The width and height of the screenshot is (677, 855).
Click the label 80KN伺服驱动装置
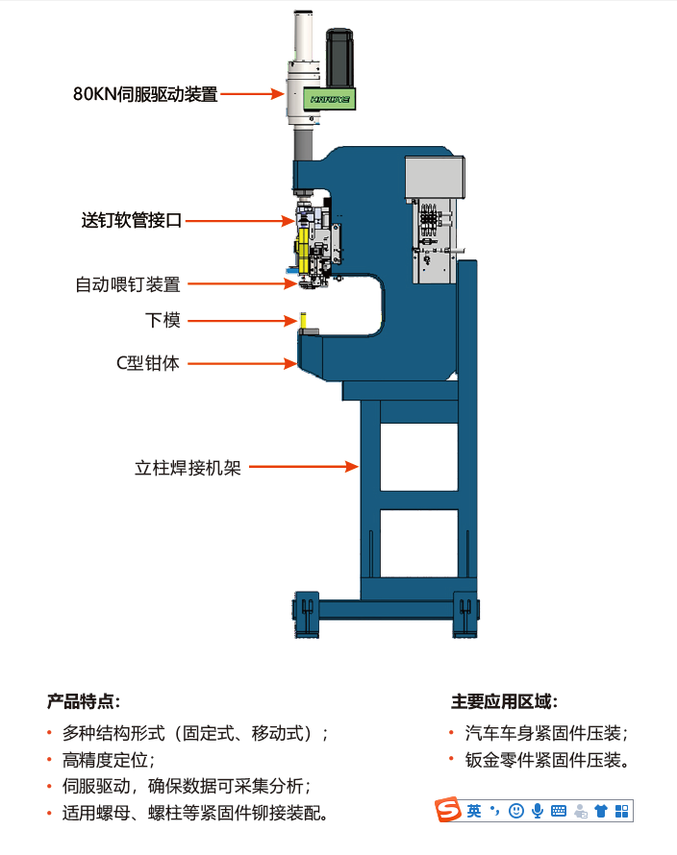click(144, 94)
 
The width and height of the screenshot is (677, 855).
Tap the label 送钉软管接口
click(131, 220)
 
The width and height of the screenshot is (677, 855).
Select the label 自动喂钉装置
click(127, 284)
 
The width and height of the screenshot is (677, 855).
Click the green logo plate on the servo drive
click(328, 98)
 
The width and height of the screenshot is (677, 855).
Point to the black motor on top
click(341, 58)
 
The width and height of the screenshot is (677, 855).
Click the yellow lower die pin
click(302, 320)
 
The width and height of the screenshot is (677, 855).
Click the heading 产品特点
click(84, 702)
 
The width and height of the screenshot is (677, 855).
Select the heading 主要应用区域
click(504, 702)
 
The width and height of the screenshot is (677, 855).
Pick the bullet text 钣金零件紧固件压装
click(546, 762)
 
